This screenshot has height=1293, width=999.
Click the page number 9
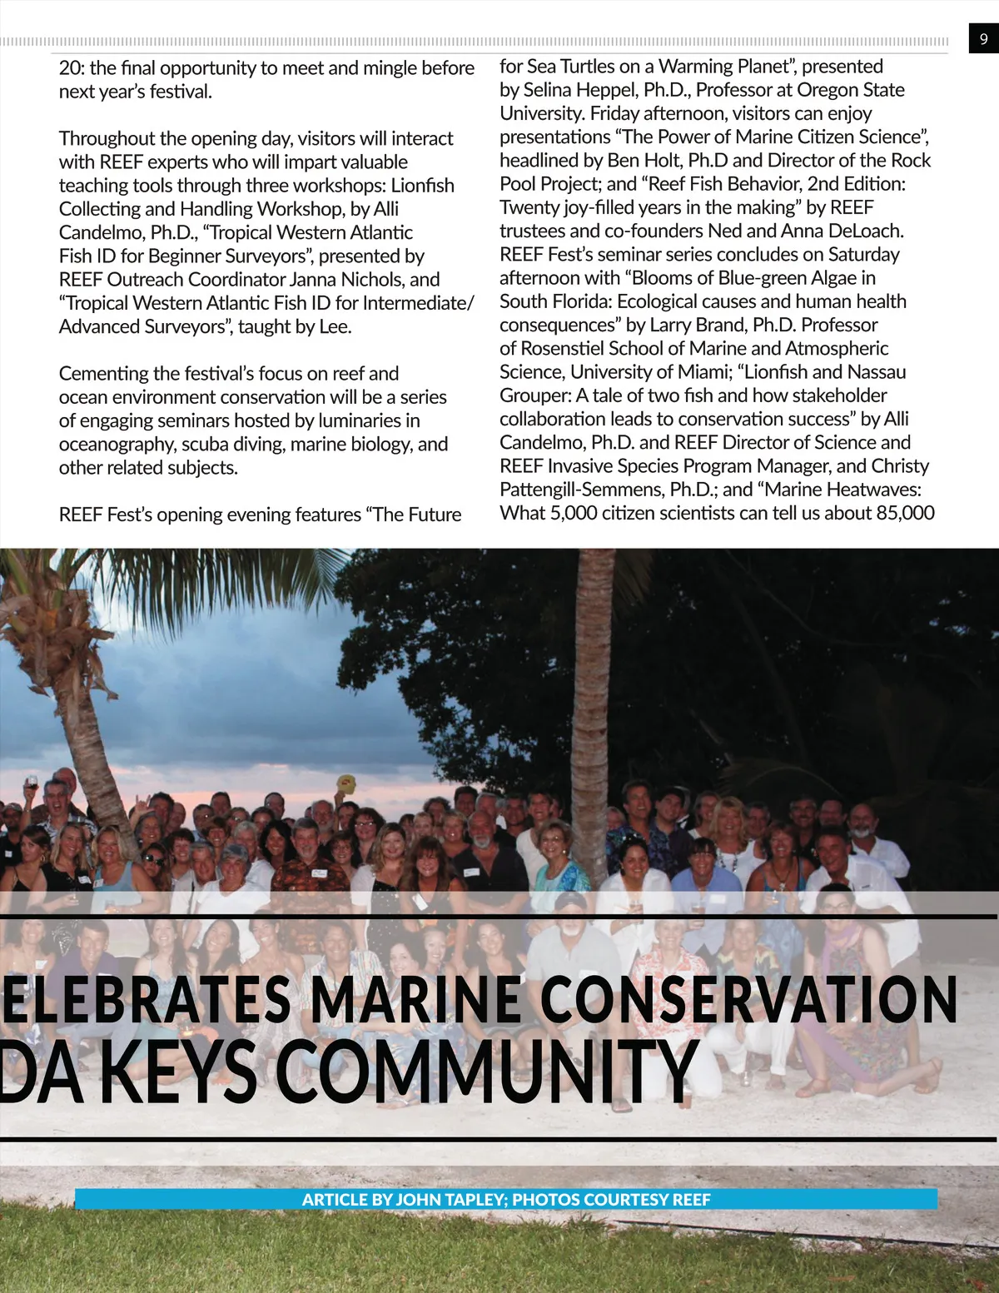point(983,38)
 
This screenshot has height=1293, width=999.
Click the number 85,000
point(905,513)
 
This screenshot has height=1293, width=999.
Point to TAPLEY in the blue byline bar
point(475,1199)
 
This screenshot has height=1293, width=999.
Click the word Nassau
point(875,372)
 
